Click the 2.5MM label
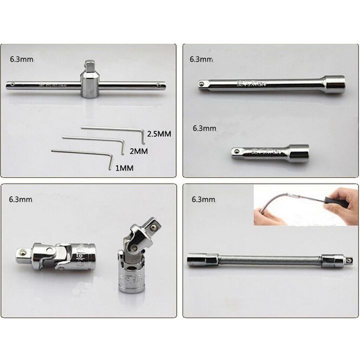point(159,134)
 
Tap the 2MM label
point(139,150)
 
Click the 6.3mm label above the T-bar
point(21,59)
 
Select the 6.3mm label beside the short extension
point(204,128)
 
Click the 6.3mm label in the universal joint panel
point(20,199)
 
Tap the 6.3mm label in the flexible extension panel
point(203,199)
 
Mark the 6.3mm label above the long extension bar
point(201,59)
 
